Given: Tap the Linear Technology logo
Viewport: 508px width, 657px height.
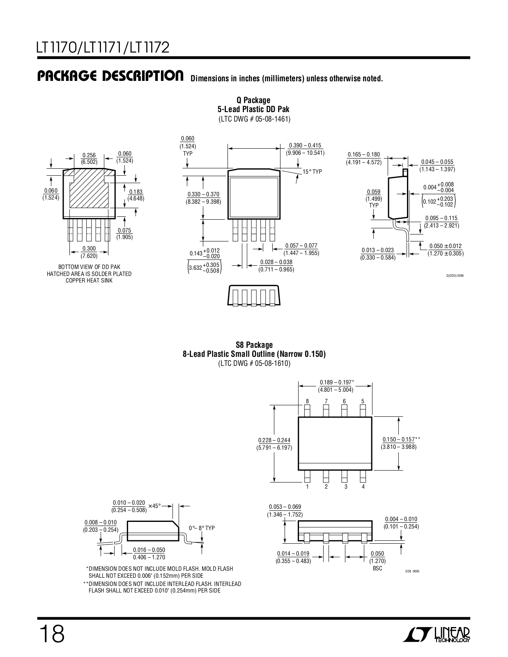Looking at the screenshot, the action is pos(436,635).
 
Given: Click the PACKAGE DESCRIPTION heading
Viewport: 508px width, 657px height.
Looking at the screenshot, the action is pos(110,76).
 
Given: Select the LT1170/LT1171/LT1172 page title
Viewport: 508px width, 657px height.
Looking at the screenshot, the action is pos(103,48).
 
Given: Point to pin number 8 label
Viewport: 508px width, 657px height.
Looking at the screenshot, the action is pos(307,401).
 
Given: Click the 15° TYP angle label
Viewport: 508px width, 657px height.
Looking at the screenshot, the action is pos(313,172).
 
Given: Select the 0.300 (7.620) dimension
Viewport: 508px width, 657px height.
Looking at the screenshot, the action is pos(89,252).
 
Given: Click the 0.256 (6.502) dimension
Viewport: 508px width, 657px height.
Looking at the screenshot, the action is pos(89,159).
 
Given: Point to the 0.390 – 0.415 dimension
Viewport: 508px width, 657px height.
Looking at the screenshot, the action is pos(305,145).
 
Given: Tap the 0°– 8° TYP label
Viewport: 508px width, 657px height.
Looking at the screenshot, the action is pos(202,528).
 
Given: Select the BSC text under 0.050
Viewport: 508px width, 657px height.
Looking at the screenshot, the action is pos(377,568).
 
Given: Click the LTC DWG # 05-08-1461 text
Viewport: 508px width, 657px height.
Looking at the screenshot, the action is pos(254,119).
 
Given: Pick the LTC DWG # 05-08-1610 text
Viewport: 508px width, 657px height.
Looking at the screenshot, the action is pos(254,363).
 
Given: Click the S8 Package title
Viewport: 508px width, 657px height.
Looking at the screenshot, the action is pos(254,345).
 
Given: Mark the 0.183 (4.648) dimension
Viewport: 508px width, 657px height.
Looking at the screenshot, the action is pos(136,195).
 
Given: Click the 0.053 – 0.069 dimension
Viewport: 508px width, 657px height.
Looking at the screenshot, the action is pos(285,510).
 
